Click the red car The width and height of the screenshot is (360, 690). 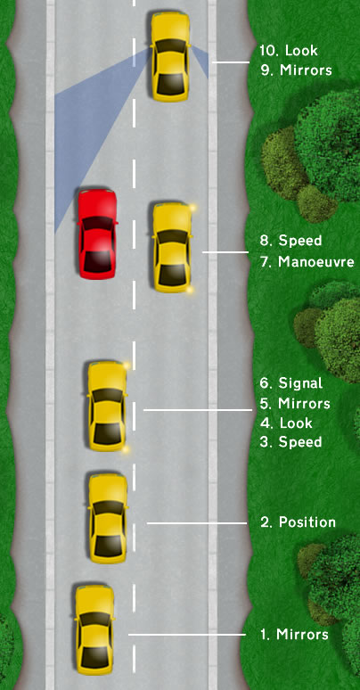tap(97, 234)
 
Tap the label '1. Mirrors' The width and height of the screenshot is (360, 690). tap(294, 635)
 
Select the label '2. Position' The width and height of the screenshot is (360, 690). tap(298, 522)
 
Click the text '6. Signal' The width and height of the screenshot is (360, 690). tap(290, 383)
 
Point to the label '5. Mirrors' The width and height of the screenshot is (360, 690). tap(294, 404)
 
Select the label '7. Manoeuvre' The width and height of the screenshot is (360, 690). tap(303, 262)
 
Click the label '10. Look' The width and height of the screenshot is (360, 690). tap(288, 51)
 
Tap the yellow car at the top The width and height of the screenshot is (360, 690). tap(170, 55)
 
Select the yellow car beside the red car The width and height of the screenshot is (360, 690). tap(171, 247)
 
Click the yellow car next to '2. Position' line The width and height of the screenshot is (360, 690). tap(108, 517)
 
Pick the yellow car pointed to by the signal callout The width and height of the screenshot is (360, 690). tap(107, 406)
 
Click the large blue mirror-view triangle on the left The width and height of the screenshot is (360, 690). tap(89, 134)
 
